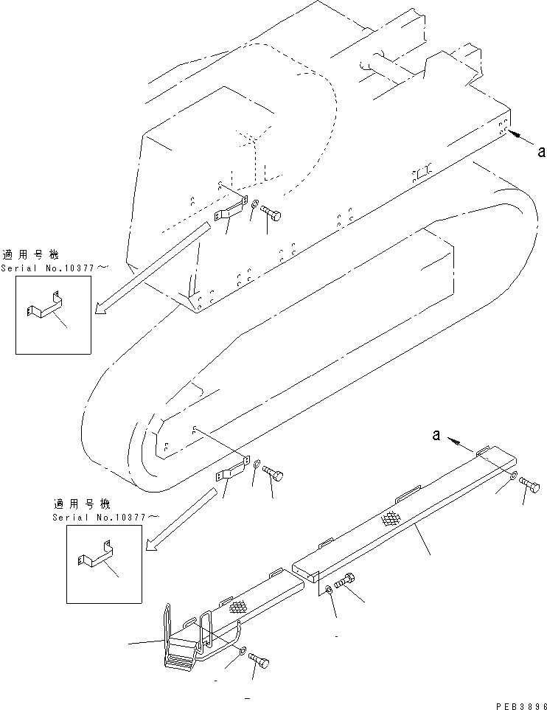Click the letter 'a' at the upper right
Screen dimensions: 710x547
click(541, 152)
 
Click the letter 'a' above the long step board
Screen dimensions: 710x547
click(437, 436)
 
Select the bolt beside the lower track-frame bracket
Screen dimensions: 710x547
click(273, 474)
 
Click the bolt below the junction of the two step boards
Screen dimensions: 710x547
click(346, 582)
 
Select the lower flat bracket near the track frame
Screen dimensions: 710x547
click(232, 470)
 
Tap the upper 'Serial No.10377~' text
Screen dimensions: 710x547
click(47, 268)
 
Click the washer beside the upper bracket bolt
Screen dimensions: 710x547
click(253, 205)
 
